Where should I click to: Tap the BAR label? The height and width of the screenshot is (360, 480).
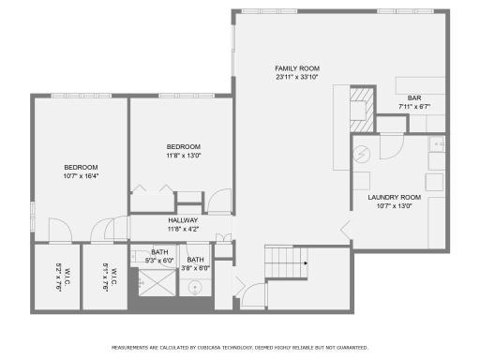coord(413,98)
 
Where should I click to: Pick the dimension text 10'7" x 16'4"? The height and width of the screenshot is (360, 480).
coord(81,175)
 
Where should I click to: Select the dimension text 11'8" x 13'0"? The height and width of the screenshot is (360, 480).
coord(183,157)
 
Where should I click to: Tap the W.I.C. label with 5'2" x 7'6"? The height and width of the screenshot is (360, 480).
coord(58,277)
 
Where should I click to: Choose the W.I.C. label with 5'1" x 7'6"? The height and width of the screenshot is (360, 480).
coord(108,277)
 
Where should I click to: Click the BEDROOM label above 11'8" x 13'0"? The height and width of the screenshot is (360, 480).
coord(183,147)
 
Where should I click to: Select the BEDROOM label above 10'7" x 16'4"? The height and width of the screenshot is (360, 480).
coord(81,166)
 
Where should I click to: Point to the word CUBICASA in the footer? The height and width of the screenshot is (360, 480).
coord(220,347)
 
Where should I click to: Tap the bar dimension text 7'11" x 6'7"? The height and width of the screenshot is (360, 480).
coord(413,107)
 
